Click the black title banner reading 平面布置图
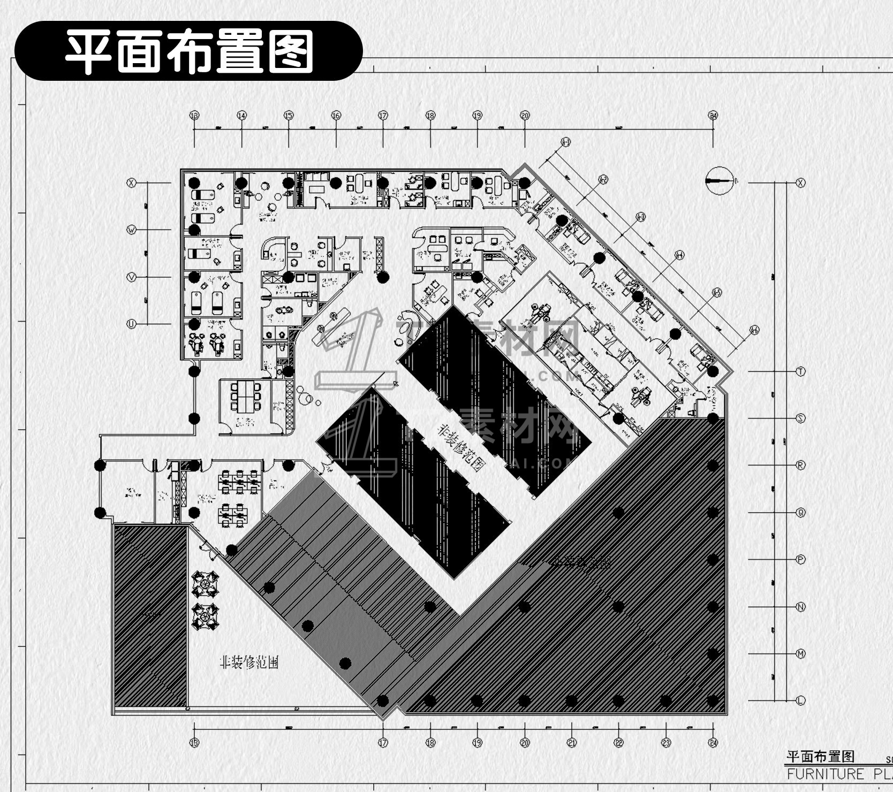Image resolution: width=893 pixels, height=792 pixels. [x=188, y=51]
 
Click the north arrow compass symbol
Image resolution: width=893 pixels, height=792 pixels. [x=719, y=181]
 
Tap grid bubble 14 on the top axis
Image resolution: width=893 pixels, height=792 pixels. [x=242, y=116]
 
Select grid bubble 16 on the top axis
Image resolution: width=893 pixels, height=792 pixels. [x=336, y=116]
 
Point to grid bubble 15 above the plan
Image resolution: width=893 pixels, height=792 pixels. [x=289, y=116]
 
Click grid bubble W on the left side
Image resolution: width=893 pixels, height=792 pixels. [x=131, y=230]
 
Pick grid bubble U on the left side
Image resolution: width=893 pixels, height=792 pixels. [x=131, y=324]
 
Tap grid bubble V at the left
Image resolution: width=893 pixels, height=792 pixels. [x=131, y=277]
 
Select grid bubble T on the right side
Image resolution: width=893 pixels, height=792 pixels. [x=801, y=371]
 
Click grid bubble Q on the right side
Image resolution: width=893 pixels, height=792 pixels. [x=801, y=513]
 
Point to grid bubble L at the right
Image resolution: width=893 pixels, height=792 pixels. [x=801, y=700]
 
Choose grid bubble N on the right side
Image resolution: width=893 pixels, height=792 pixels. [x=801, y=607]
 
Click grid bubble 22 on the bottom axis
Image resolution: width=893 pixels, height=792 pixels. [x=619, y=743]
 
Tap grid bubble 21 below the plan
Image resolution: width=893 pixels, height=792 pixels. [x=572, y=743]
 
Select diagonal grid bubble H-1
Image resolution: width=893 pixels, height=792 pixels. [x=566, y=142]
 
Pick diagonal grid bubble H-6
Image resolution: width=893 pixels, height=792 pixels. [x=754, y=330]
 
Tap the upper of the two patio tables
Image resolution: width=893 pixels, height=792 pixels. [x=206, y=584]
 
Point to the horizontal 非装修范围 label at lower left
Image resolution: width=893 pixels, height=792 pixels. [x=249, y=662]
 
